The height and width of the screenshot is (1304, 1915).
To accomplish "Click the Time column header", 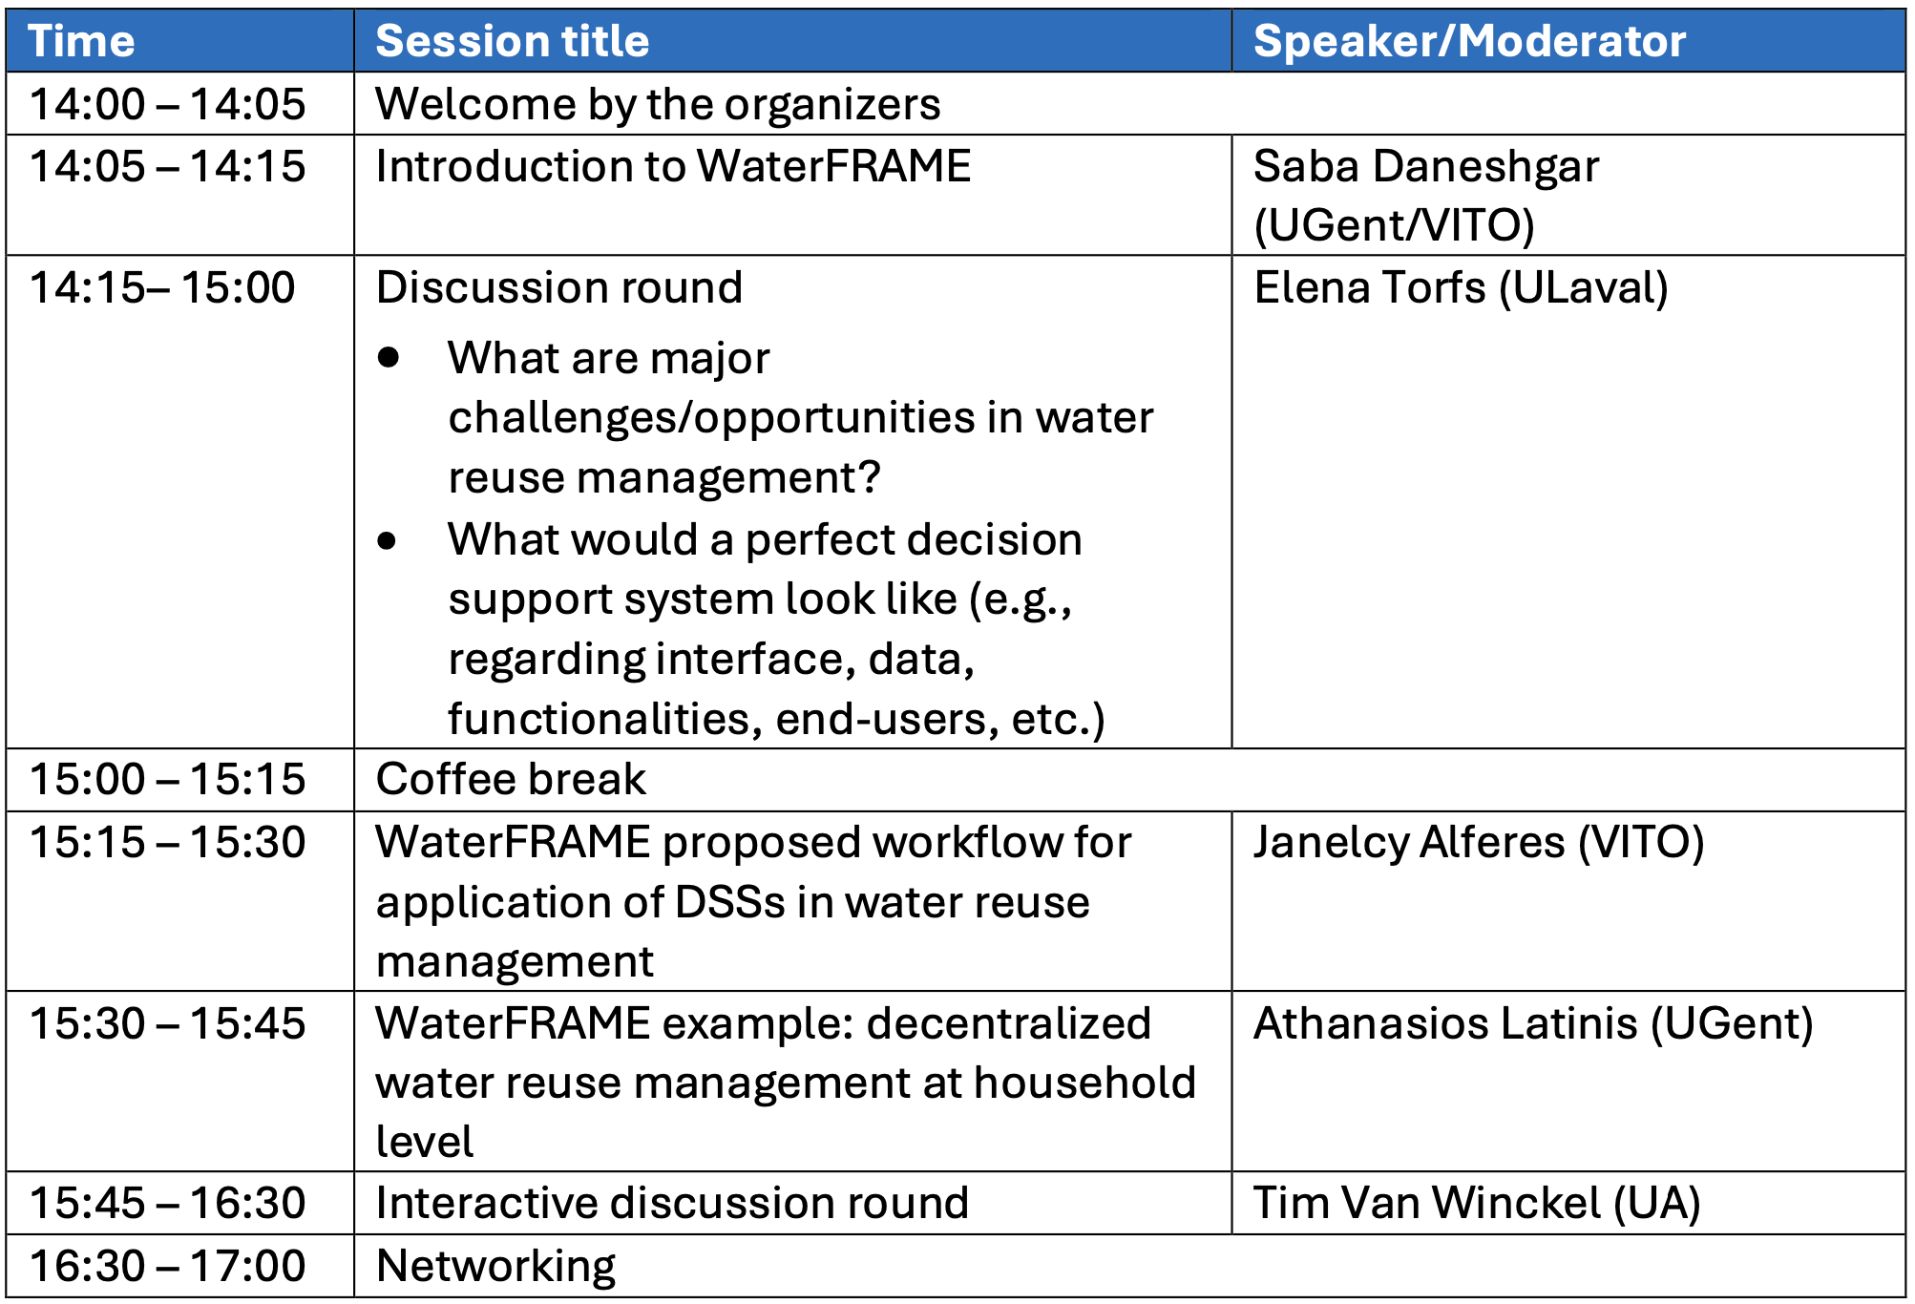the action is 81,41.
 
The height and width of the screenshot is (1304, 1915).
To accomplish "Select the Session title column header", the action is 513,41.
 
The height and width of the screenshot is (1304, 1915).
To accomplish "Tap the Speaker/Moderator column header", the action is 1469,41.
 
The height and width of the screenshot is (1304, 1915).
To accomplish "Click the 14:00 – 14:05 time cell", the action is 167,104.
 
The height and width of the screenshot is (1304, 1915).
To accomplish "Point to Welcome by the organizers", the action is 658,105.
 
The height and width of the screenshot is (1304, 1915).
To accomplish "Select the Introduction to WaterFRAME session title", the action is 673,166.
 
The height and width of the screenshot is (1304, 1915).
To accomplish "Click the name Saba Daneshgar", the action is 1426,168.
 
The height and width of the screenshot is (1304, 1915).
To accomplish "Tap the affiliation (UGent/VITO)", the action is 1394,225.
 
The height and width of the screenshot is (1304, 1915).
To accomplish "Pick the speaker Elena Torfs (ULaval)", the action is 1461,287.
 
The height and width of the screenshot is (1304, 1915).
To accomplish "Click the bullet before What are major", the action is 388,358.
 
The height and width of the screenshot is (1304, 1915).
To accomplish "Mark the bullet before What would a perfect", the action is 387,540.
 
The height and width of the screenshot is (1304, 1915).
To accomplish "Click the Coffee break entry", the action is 511,779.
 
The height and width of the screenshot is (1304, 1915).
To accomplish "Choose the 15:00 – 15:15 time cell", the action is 167,779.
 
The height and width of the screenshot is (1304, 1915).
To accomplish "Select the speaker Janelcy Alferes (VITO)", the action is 1479,843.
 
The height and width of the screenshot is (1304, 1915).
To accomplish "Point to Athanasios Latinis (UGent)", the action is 1533,1023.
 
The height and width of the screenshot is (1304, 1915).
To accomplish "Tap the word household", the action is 1085,1083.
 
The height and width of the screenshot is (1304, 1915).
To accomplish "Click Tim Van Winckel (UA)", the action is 1477,1203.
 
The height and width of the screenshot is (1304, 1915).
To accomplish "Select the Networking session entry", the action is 495,1267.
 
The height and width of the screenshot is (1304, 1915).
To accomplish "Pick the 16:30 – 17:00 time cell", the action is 167,1266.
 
